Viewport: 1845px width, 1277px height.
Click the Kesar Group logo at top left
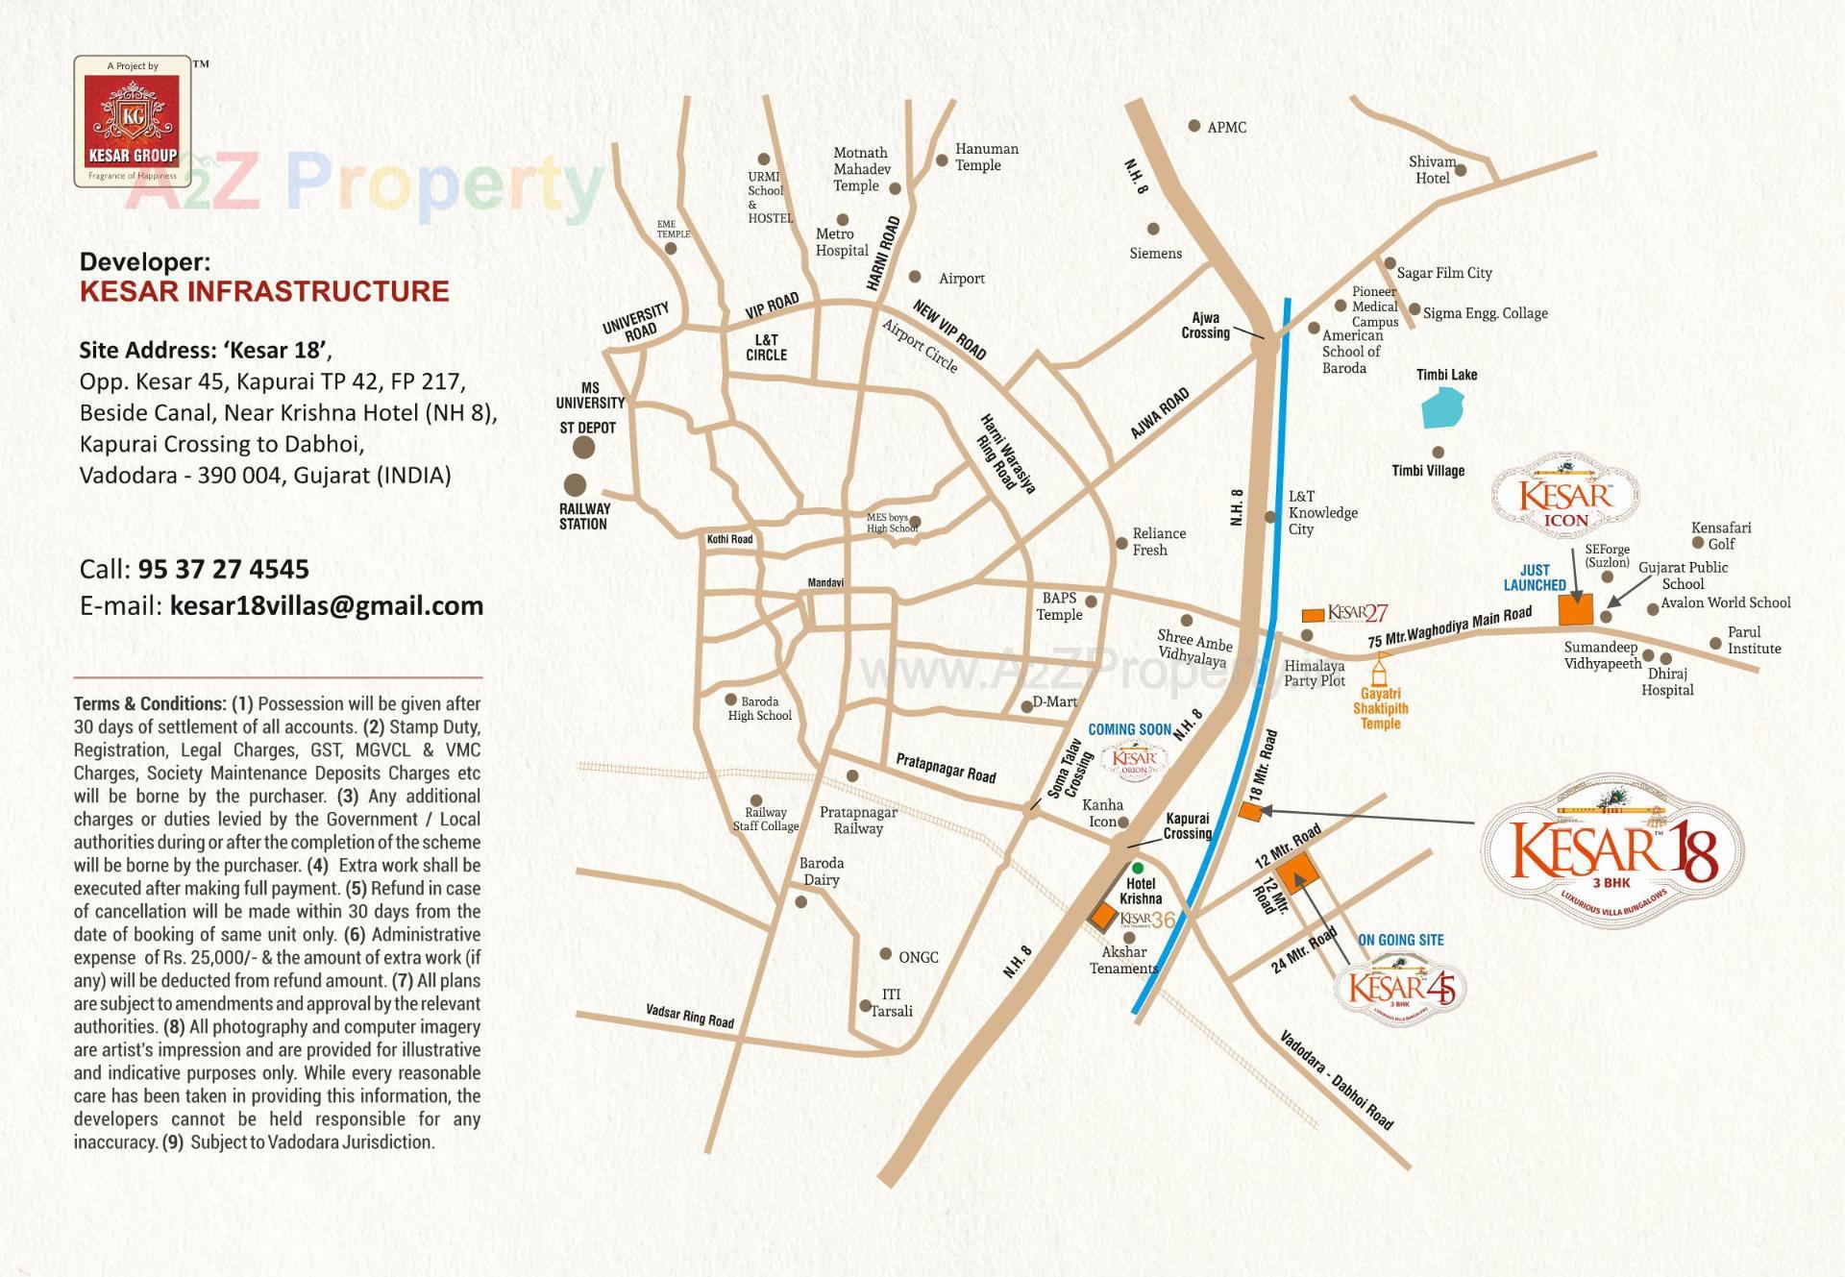click(133, 121)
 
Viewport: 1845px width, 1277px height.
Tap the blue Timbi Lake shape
click(1442, 407)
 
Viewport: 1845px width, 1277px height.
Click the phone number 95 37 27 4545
click(223, 570)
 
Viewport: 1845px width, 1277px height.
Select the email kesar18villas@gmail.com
click(326, 606)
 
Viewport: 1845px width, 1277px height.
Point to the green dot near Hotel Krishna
click(1138, 868)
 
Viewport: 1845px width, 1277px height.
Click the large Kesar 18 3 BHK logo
click(1613, 850)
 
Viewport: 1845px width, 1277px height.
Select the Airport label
click(961, 279)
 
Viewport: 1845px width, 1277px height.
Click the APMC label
click(1226, 127)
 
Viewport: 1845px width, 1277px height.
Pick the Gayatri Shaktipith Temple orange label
click(1380, 708)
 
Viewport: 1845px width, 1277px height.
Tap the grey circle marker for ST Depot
click(583, 448)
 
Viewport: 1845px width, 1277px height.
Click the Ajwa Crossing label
click(1205, 326)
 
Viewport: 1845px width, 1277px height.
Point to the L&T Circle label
click(766, 348)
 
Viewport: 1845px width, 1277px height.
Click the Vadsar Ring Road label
click(690, 1016)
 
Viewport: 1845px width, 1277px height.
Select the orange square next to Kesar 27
click(1312, 614)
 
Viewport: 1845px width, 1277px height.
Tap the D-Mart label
click(1054, 702)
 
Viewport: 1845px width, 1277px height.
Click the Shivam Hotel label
click(1432, 170)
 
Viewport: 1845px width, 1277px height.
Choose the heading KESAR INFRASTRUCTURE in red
click(264, 292)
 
